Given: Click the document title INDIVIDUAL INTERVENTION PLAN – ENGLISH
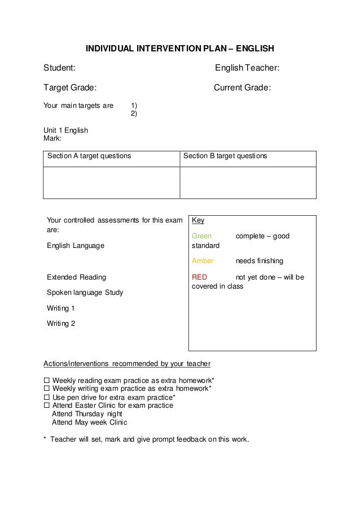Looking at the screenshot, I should click(179, 49).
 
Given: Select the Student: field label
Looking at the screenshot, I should click(59, 68).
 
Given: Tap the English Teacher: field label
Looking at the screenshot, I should click(247, 68).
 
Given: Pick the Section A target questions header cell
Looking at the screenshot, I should click(89, 155).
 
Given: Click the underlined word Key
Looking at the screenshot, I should click(198, 220).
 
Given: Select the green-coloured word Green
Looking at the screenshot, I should click(202, 236).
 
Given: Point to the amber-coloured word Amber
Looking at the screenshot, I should click(203, 261).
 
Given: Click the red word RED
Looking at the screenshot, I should click(200, 277).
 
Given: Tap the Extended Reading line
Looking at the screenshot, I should click(76, 277).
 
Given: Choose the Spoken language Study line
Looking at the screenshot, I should click(85, 293).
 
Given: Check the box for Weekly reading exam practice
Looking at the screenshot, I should click(47, 380).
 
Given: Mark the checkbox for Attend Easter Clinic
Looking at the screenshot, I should click(47, 405).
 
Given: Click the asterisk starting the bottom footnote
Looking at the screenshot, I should click(45, 439).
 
